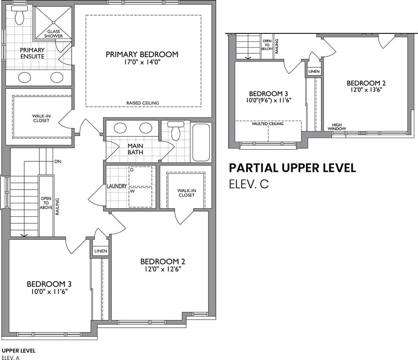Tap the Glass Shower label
[x=53, y=33]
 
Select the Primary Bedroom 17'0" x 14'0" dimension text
[x=142, y=62]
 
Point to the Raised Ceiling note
[x=142, y=103]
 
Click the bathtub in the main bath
[x=201, y=142]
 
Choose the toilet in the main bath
[x=176, y=131]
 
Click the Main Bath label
[x=135, y=149]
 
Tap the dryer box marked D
[x=140, y=176]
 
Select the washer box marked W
[x=140, y=197]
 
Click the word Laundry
[x=117, y=186]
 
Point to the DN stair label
[x=58, y=161]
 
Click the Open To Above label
[x=46, y=203]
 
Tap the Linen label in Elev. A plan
[x=101, y=251]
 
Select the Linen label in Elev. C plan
[x=314, y=71]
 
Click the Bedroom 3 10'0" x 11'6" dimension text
[x=49, y=292]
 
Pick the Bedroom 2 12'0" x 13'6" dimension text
[x=366, y=90]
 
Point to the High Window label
[x=337, y=127]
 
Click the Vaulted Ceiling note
[x=268, y=124]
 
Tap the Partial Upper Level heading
[x=293, y=168]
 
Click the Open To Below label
[x=267, y=45]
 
